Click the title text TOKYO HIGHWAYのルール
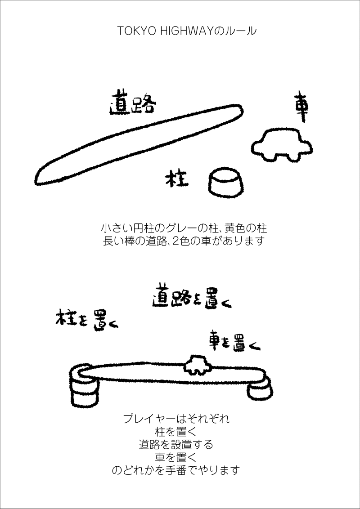click(x=186, y=31)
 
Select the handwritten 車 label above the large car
click(x=301, y=107)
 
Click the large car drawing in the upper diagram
click(x=282, y=145)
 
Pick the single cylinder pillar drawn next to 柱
click(x=226, y=183)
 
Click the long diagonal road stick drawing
click(x=139, y=144)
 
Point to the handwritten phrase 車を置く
click(x=234, y=341)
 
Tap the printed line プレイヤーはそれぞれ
click(x=176, y=419)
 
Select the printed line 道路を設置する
click(x=176, y=444)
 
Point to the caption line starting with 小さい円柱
click(x=184, y=228)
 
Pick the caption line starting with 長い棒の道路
click(x=184, y=241)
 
